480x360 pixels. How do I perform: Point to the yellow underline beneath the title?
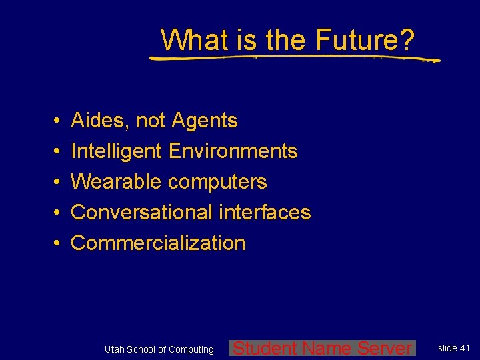293,58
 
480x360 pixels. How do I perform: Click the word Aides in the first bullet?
100,121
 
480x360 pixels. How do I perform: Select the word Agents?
205,121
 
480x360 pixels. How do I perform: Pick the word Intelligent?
117,151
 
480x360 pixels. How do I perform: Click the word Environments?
233,151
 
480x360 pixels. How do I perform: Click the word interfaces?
264,213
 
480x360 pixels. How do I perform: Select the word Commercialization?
158,243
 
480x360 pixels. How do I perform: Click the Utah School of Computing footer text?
159,349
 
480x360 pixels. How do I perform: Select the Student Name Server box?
322,348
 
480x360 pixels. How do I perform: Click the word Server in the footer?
385,348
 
